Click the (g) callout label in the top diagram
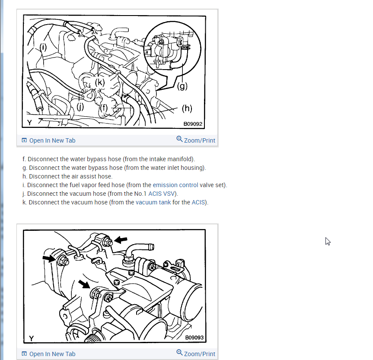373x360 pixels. click(x=182, y=86)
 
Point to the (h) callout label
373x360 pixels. click(x=187, y=108)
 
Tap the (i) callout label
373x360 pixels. click(x=43, y=47)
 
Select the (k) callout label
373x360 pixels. click(x=100, y=82)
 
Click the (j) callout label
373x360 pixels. click(x=80, y=107)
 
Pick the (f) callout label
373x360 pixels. click(x=104, y=108)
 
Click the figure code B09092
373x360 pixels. click(x=193, y=124)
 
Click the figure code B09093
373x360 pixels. click(x=194, y=338)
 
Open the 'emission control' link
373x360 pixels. click(x=175, y=185)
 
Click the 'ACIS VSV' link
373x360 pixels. click(x=162, y=194)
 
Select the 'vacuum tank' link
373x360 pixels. click(x=153, y=202)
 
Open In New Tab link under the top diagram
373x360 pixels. click(x=48, y=140)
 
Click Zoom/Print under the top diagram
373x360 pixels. click(x=196, y=140)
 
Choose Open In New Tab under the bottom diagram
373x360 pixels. click(x=48, y=354)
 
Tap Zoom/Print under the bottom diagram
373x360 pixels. click(x=196, y=354)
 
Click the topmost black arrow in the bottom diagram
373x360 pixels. click(x=121, y=239)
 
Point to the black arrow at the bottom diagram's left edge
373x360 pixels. click(x=49, y=258)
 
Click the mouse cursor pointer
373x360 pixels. click(x=328, y=241)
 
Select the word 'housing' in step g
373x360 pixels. click(x=192, y=168)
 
